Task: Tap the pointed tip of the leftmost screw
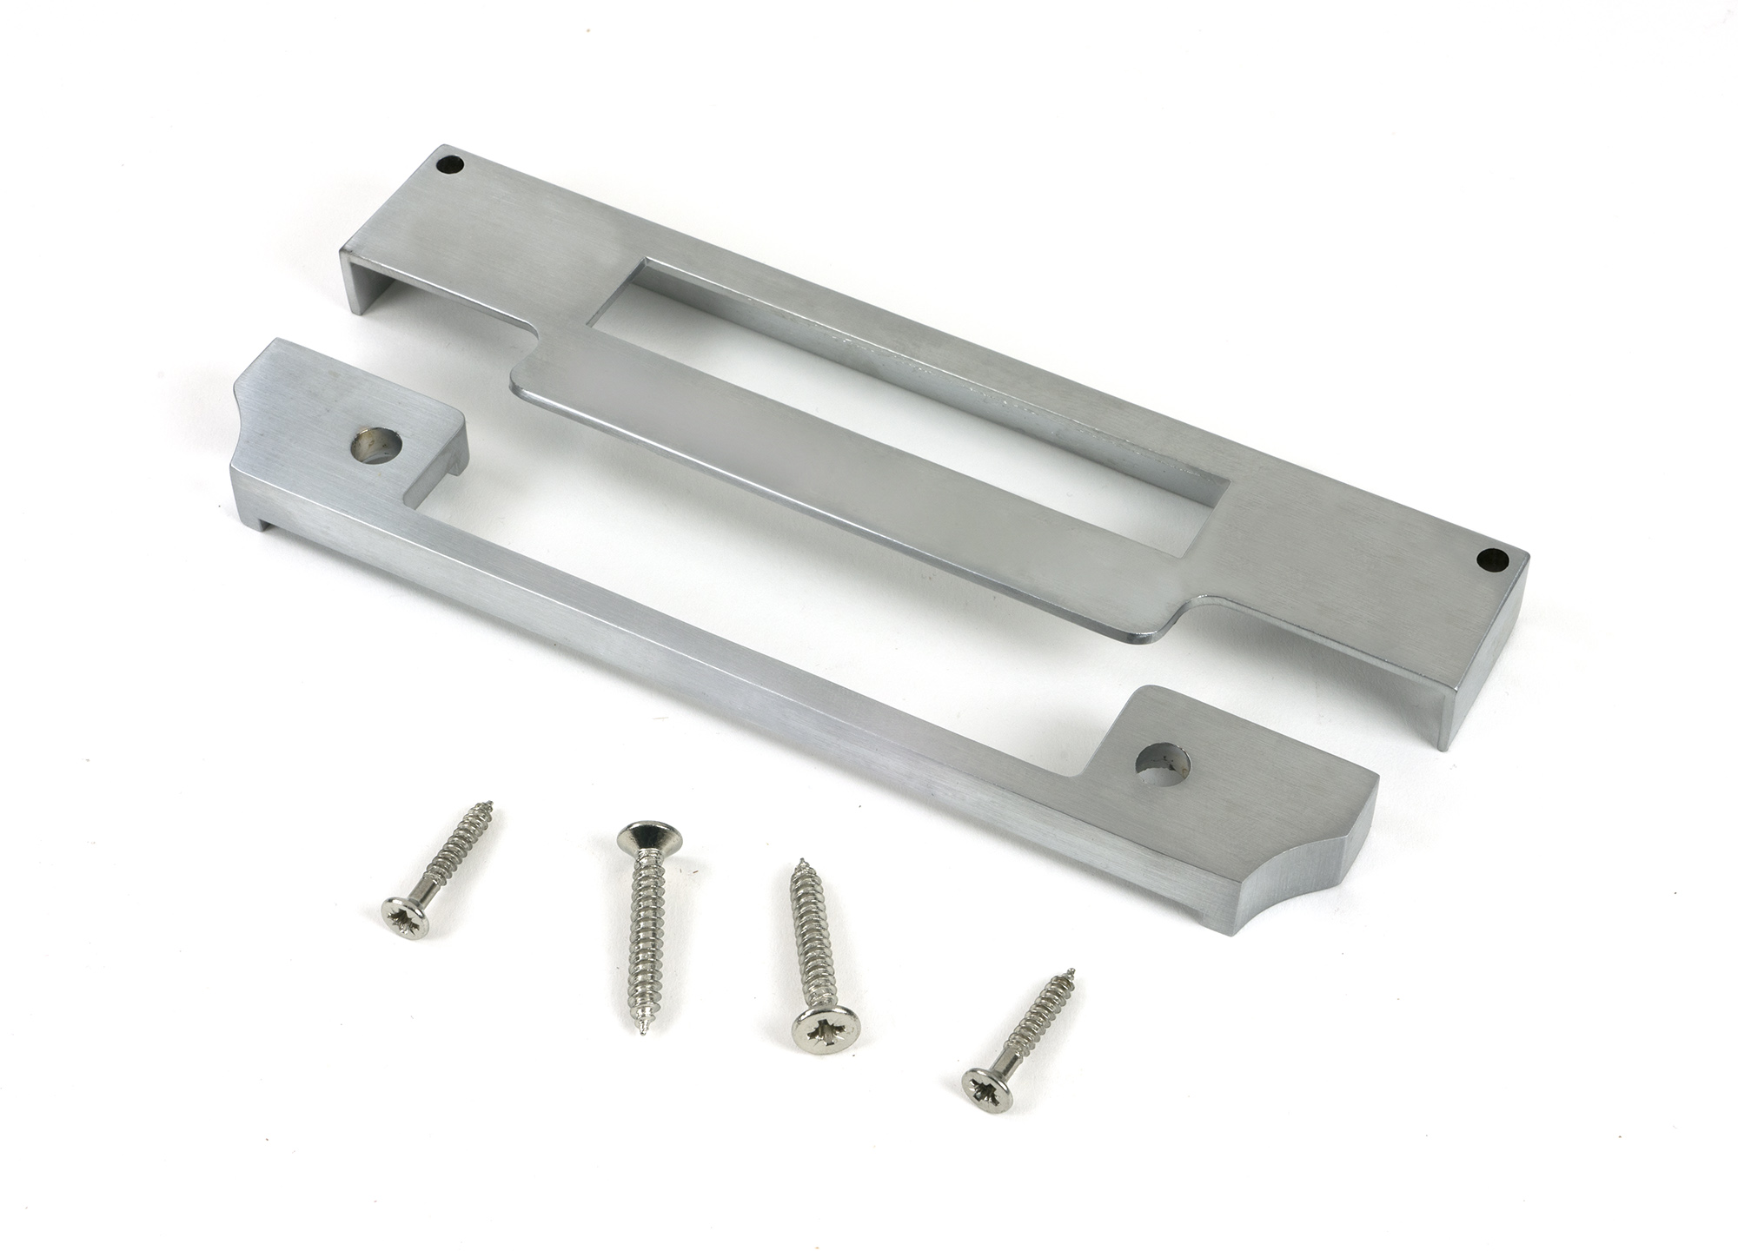point(490,802)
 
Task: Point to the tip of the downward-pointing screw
point(641,1035)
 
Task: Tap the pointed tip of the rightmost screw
point(1072,970)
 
